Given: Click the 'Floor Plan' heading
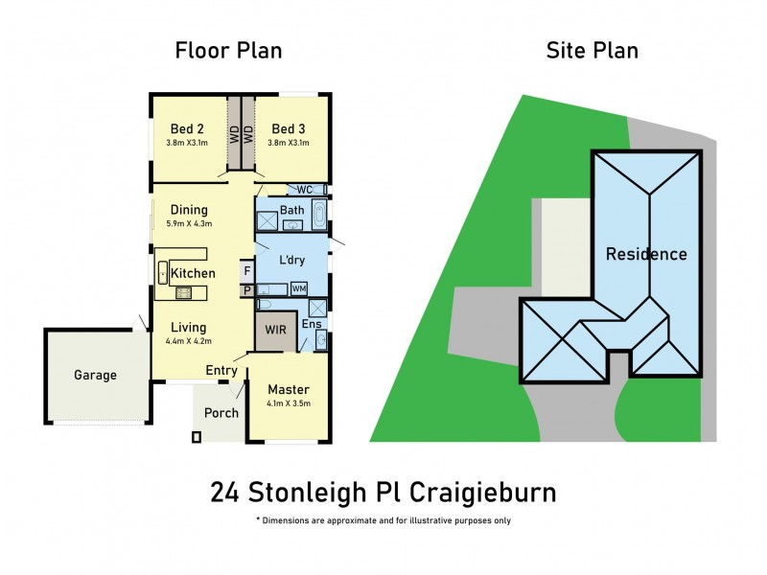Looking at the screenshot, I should tap(228, 50).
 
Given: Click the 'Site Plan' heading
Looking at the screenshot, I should tap(592, 50).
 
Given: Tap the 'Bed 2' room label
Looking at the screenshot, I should tap(187, 128).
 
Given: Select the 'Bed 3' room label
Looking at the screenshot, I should tap(289, 128).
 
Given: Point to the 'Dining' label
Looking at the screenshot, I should tap(189, 210).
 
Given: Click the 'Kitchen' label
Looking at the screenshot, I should tap(193, 273).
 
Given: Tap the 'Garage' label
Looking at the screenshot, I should tap(95, 375).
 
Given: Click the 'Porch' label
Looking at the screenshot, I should tap(221, 413).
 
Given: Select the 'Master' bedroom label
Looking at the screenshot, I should tap(288, 390).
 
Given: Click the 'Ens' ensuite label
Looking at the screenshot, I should tap(312, 324).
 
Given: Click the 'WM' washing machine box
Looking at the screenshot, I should tap(299, 287).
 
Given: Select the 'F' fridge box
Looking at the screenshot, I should tap(246, 271).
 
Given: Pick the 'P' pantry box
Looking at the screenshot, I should tap(246, 289).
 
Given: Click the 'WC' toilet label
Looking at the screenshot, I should tap(305, 189).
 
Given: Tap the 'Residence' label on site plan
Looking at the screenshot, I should tap(645, 254).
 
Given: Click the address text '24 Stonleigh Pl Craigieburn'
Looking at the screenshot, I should tap(383, 493).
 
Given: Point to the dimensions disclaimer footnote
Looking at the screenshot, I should tap(383, 520).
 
